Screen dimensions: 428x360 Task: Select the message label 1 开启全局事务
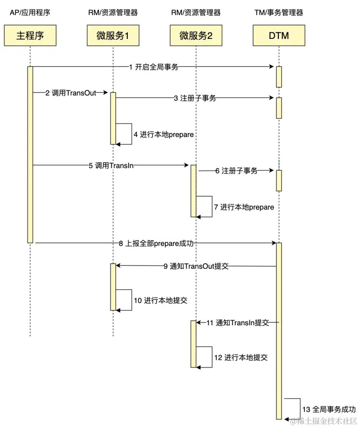(154, 67)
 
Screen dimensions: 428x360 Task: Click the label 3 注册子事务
(195, 98)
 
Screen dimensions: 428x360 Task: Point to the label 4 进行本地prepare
(164, 135)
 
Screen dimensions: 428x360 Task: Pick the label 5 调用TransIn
(111, 165)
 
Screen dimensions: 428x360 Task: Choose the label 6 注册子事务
(236, 171)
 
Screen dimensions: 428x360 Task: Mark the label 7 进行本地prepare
(244, 207)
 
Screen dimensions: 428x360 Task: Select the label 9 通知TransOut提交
(196, 266)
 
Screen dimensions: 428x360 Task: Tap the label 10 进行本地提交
(160, 301)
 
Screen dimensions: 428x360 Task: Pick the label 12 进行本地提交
(240, 358)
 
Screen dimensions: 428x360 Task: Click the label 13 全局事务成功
(329, 410)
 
